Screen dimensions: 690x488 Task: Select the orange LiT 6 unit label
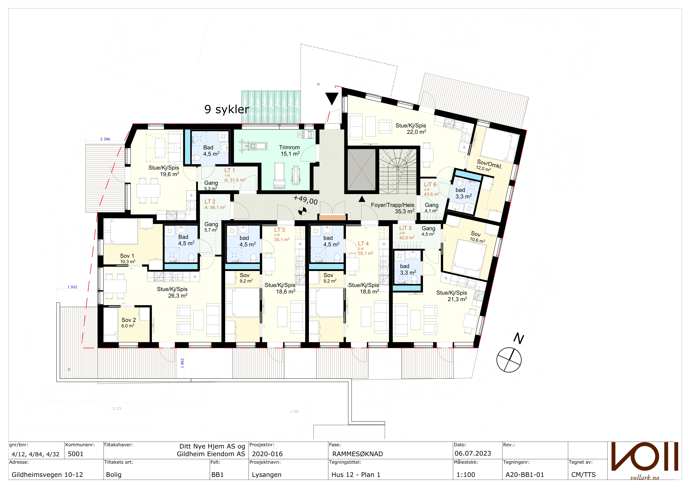430,184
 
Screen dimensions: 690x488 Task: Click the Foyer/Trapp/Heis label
392,205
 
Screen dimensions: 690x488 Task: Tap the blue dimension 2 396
105,139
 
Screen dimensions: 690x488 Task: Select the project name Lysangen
267,475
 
